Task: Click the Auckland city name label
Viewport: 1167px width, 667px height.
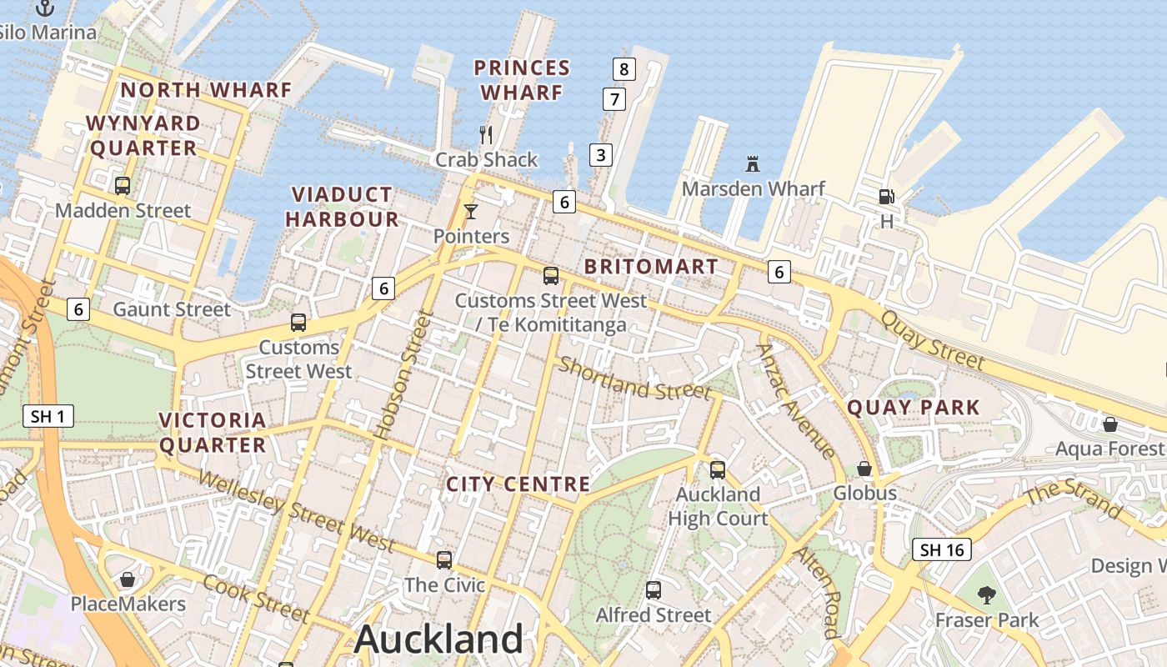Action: pos(438,639)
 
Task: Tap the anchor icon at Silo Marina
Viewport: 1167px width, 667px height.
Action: pos(45,9)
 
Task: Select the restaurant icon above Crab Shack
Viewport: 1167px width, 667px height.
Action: pos(487,134)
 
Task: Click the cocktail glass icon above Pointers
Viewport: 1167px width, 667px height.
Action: pos(471,211)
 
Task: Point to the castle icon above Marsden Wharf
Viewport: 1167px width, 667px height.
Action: pos(754,163)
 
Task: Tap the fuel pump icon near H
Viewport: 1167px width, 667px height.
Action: pos(887,197)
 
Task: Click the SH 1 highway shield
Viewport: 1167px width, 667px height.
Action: pos(48,416)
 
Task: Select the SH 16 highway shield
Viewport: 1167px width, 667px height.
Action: pos(943,549)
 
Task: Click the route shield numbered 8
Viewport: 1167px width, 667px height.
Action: pos(624,68)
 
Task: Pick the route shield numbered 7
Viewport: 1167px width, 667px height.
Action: pos(614,100)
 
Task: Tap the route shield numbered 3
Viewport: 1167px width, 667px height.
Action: pos(600,154)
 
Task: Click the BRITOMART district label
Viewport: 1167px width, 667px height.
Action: pos(651,267)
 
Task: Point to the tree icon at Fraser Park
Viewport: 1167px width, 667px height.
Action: pos(987,594)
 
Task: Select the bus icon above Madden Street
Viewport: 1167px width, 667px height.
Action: pos(123,185)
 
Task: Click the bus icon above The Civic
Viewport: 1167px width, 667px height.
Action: pos(444,559)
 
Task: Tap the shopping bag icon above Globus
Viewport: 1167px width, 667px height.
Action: pos(864,469)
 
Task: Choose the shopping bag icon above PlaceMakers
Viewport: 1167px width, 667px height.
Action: pos(128,579)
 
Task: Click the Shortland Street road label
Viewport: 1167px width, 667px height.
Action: pos(634,378)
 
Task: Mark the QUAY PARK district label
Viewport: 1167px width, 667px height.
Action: pos(914,408)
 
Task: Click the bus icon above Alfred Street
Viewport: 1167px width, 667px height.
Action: pos(654,590)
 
